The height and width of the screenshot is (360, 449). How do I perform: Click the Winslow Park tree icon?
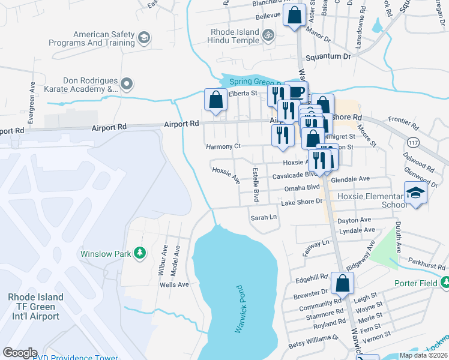(140, 253)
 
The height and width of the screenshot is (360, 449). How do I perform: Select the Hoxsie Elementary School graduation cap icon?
(414, 194)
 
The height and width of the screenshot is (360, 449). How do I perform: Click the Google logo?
(20, 353)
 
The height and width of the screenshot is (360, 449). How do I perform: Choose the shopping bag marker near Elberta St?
(215, 100)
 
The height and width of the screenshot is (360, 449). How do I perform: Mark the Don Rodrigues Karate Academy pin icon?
(127, 84)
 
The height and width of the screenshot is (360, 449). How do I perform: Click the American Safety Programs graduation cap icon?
(143, 38)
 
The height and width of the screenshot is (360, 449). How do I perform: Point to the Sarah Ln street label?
(264, 217)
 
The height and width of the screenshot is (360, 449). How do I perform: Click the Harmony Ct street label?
(223, 146)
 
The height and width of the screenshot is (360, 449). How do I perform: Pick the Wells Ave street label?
(174, 284)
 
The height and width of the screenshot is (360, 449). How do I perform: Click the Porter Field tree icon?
(445, 282)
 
